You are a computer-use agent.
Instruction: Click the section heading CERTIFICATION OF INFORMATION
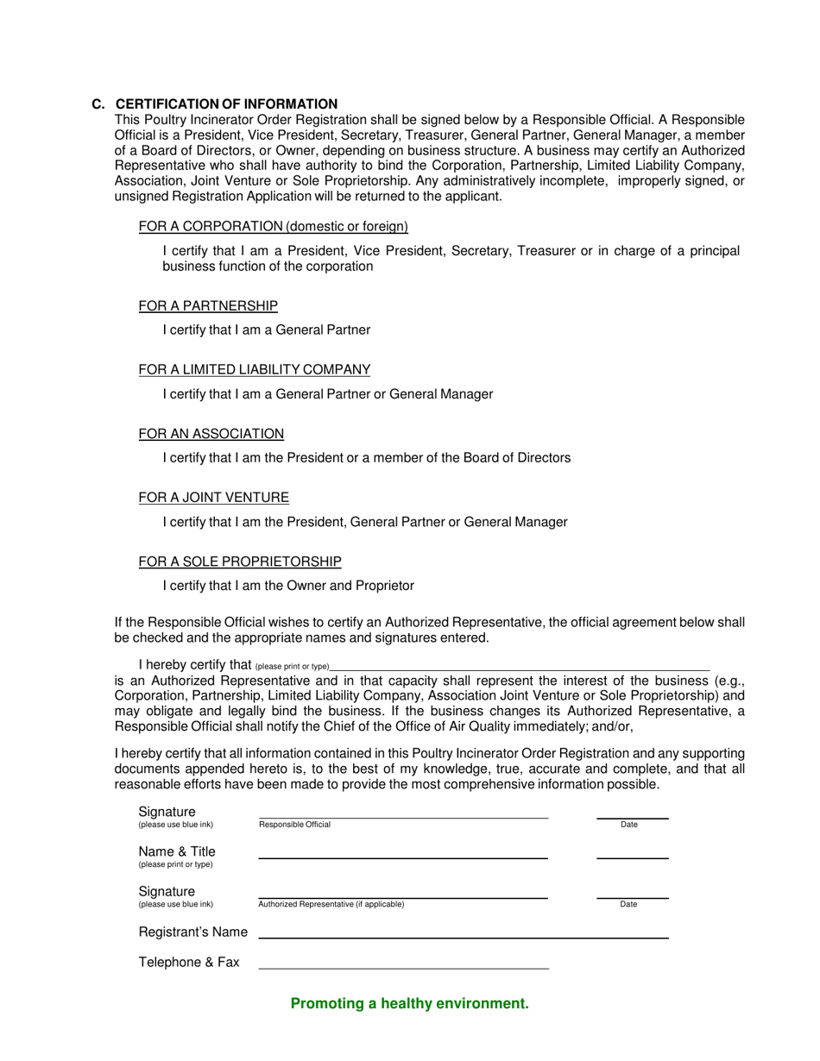tap(226, 104)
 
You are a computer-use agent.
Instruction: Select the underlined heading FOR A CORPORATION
tap(273, 227)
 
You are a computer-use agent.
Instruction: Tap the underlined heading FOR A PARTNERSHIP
tap(208, 306)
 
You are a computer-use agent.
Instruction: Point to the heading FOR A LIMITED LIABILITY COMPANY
tap(255, 370)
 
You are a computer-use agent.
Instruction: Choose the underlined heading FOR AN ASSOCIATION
tap(211, 434)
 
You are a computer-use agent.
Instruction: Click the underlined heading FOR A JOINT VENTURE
tap(214, 498)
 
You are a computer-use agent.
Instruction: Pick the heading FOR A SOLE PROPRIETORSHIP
tap(240, 562)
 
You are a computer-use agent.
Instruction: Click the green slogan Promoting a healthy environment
tap(410, 1003)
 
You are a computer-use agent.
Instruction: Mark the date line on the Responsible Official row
tap(632, 816)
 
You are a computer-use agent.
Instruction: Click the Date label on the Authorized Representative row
tap(628, 905)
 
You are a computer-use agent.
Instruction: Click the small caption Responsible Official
tap(294, 825)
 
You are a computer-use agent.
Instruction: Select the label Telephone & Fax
tap(189, 963)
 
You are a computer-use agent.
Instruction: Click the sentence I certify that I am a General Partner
tap(267, 330)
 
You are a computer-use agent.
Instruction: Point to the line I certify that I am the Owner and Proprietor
tap(288, 586)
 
